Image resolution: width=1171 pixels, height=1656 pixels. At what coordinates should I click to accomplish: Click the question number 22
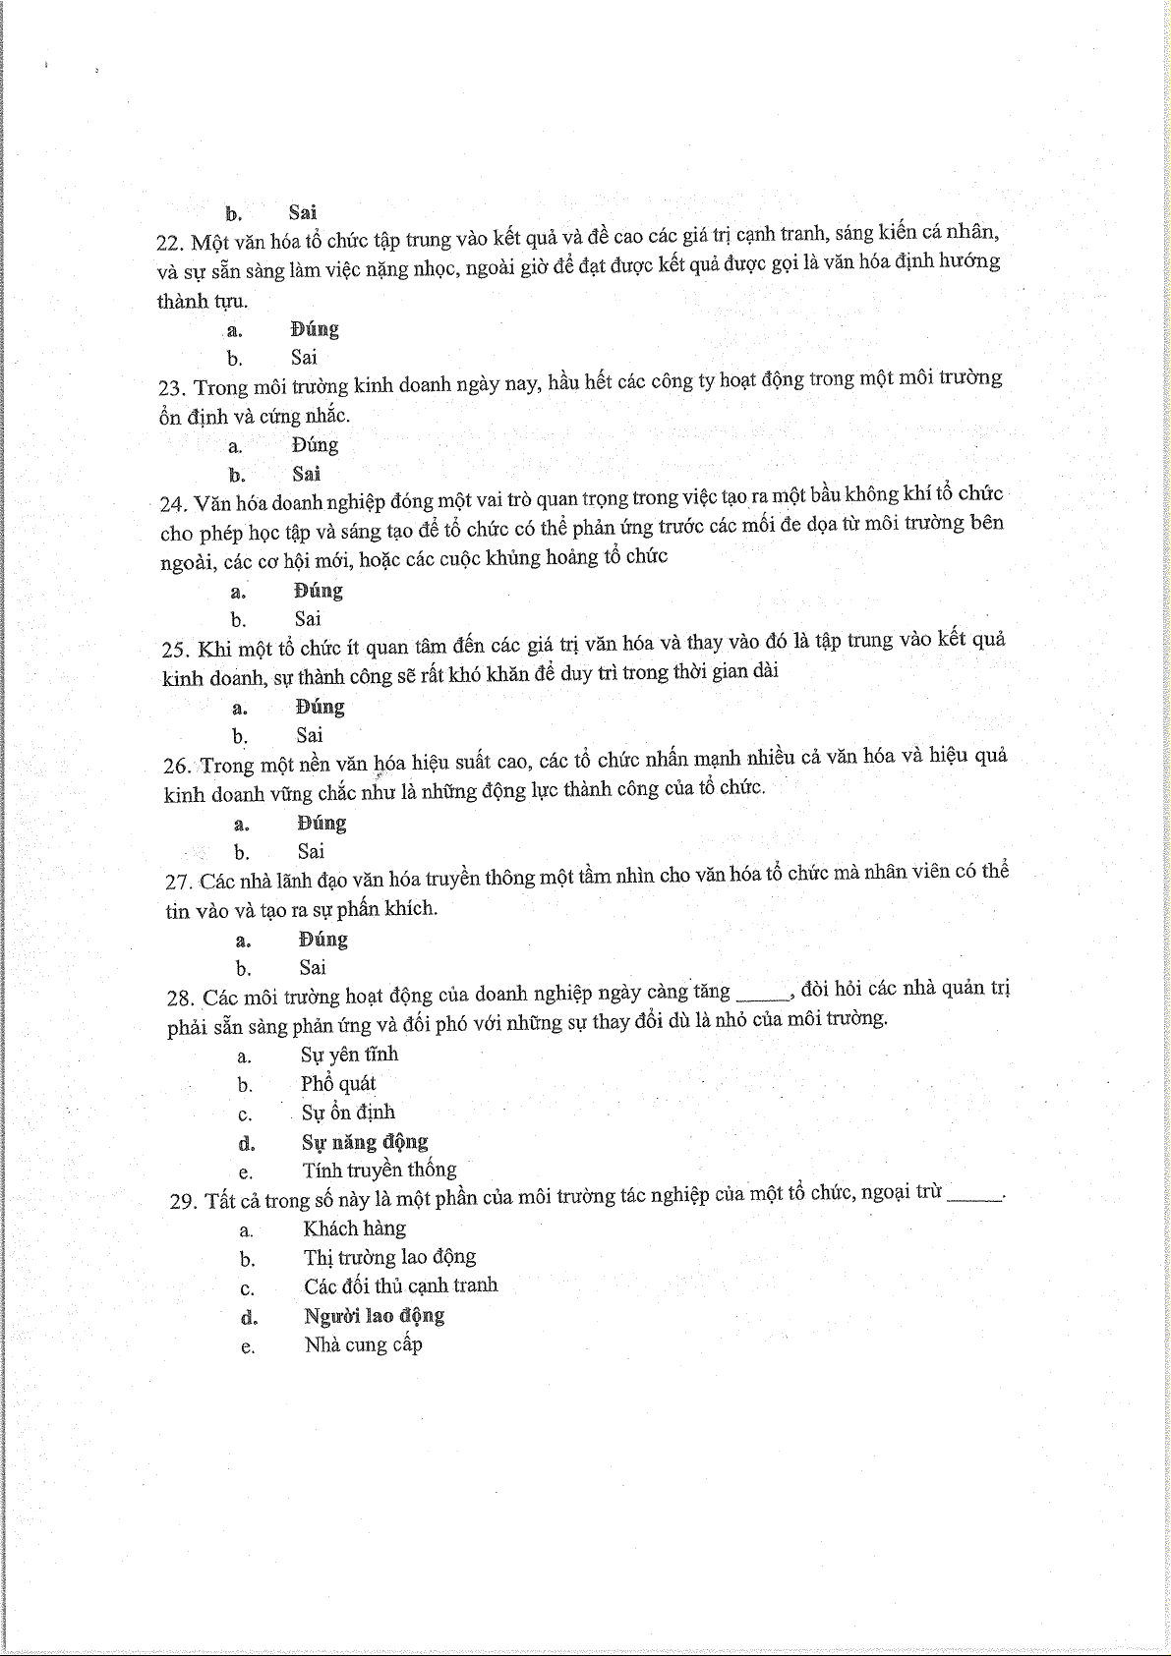point(171,243)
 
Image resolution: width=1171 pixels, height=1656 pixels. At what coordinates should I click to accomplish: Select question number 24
point(174,504)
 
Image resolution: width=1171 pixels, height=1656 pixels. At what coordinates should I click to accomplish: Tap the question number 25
point(176,650)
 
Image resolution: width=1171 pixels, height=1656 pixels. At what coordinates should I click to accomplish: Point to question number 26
point(178,767)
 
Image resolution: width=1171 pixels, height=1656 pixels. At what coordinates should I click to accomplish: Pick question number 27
point(179,883)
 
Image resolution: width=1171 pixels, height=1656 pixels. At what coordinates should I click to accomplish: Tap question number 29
point(184,1202)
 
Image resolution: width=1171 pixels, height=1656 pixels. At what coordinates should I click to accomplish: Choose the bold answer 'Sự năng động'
point(365,1142)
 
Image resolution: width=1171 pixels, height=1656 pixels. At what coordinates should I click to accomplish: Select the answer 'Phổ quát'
point(338,1084)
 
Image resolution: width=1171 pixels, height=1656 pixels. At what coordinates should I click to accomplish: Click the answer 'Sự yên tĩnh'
point(349,1055)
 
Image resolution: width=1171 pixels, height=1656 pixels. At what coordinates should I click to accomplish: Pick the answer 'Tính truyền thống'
point(380,1171)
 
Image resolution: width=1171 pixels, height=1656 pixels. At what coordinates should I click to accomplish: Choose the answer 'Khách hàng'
point(354,1228)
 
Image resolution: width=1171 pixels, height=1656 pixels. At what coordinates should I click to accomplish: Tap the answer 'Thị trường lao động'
point(389,1257)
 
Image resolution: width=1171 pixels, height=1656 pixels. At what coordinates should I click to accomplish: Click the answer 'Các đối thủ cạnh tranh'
point(400,1285)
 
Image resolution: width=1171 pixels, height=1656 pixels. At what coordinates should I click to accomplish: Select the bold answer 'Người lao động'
point(374,1316)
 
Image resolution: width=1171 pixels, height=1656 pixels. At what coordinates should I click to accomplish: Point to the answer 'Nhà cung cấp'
point(363,1344)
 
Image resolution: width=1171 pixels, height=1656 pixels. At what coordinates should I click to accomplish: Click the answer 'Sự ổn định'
point(348,1113)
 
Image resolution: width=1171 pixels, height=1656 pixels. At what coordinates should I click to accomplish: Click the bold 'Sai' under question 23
point(306,474)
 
